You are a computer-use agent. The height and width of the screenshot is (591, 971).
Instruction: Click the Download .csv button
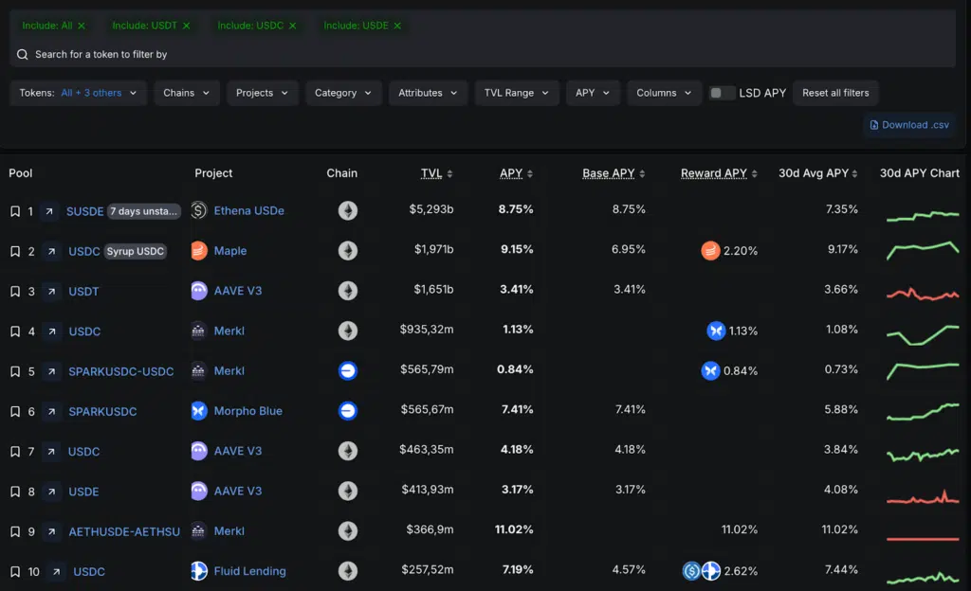[909, 125]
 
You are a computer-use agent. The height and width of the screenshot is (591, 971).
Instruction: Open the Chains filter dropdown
[187, 93]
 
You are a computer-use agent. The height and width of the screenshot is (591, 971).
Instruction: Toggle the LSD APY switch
[723, 93]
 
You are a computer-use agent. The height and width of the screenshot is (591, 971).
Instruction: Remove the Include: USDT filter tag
[186, 26]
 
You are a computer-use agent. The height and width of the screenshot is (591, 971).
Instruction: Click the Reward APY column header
[713, 173]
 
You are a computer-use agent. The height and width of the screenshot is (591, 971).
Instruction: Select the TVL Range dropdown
[517, 93]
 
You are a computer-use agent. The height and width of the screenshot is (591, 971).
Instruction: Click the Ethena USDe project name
[248, 210]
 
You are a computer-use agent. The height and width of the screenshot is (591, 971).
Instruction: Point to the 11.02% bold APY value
[514, 530]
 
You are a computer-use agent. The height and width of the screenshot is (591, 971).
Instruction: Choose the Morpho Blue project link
[247, 411]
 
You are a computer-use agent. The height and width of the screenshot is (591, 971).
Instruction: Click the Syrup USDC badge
[135, 251]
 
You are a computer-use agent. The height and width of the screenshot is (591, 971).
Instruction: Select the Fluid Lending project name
[249, 571]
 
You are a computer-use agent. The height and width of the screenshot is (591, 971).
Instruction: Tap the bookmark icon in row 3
[14, 292]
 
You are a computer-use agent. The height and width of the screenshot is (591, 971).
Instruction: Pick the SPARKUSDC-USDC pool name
[120, 371]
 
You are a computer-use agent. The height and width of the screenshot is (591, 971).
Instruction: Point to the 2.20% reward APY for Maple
[741, 251]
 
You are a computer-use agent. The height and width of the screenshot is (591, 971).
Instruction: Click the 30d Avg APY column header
[813, 173]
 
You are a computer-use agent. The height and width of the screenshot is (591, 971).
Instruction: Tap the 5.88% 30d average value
[841, 410]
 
